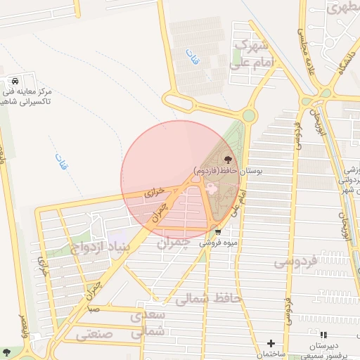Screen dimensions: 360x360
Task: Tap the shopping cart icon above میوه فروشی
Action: (x=218, y=231)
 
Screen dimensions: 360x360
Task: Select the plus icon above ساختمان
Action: (x=271, y=342)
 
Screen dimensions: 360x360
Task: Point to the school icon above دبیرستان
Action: (x=323, y=336)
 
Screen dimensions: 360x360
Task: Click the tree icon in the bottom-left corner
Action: (x=8, y=351)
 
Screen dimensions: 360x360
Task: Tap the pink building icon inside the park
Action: (x=210, y=188)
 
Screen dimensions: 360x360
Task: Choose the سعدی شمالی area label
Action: (x=148, y=322)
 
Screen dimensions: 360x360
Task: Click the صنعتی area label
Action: (x=94, y=335)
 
